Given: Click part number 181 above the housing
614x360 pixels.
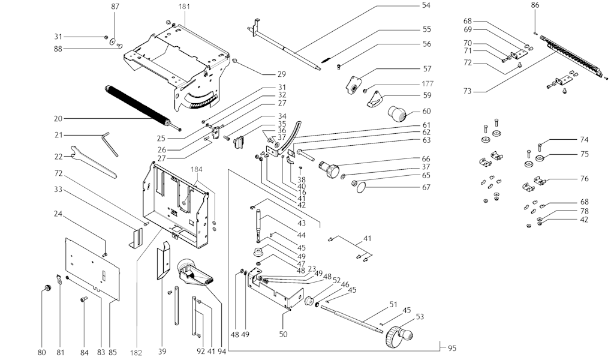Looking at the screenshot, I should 185,6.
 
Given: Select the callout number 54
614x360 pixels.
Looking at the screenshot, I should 426,5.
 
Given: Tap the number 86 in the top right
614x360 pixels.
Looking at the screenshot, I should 535,5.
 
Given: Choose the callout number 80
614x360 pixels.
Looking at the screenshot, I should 41,352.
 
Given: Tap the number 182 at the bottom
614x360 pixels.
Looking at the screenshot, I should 136,353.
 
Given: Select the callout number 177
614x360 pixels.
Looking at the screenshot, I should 426,83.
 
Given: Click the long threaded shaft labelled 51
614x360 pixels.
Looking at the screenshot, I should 351,318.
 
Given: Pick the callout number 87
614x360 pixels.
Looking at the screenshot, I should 116,6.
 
